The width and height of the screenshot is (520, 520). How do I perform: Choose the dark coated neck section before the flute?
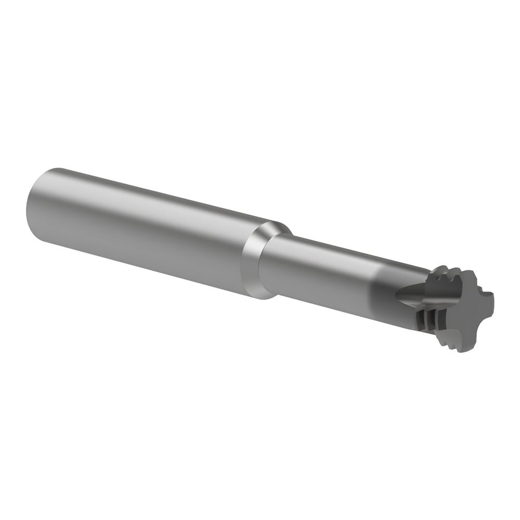coord(385,291)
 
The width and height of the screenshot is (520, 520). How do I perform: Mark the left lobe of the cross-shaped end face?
coord(434,307)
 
